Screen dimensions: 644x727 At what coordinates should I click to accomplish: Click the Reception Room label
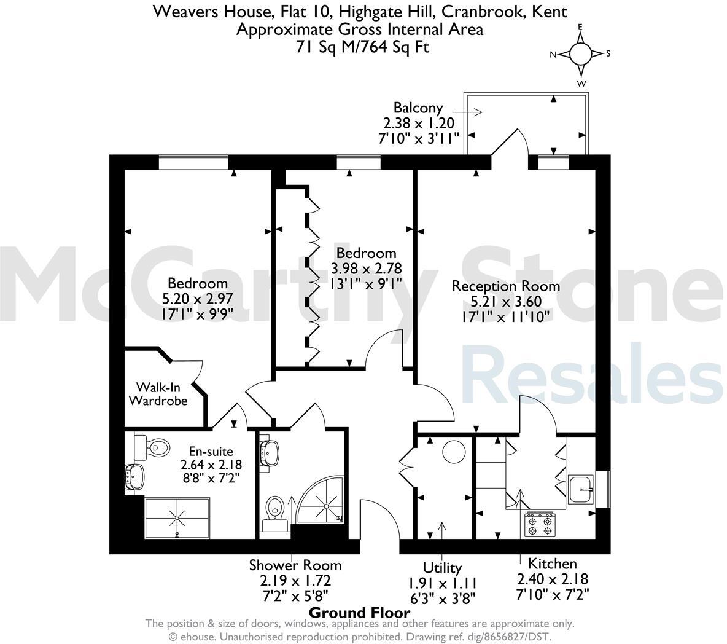click(506, 286)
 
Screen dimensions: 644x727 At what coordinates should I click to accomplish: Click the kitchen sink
click(581, 490)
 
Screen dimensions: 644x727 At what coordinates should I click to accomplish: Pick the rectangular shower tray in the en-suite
click(177, 517)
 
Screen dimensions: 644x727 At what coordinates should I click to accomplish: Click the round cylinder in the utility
click(455, 452)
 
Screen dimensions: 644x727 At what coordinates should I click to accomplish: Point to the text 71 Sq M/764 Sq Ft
click(360, 46)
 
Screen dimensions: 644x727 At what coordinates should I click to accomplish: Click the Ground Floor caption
click(359, 612)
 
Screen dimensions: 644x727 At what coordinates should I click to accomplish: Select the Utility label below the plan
click(442, 567)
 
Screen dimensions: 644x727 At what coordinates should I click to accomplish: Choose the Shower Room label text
click(295, 565)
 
